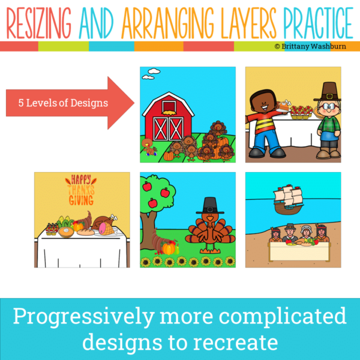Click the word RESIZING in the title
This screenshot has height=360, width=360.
[x=38, y=23]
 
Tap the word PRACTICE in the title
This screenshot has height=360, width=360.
[x=318, y=23]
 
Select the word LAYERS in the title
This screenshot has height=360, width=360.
[x=248, y=23]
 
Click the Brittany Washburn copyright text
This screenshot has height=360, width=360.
[x=310, y=46]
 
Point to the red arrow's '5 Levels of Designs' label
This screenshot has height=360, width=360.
[x=63, y=103]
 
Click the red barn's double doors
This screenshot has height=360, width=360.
[x=168, y=128]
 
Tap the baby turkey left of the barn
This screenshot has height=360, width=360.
[x=149, y=147]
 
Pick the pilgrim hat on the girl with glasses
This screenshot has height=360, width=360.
[x=328, y=92]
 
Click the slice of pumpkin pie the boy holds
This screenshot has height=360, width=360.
[x=284, y=106]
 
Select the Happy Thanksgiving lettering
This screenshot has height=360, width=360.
[x=81, y=190]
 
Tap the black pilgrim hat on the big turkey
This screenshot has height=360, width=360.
[x=210, y=205]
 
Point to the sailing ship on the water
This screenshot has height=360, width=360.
[x=288, y=199]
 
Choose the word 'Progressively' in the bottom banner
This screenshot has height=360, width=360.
[x=83, y=317]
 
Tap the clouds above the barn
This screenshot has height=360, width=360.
[x=151, y=74]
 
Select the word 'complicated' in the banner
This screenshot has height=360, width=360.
[x=283, y=317]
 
